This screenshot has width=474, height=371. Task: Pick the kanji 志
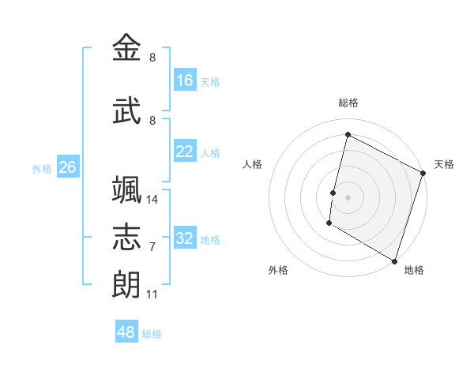point(127,238)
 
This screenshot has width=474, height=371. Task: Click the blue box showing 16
point(185,81)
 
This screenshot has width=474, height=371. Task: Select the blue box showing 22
point(185,152)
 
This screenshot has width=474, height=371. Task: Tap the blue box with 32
point(185,238)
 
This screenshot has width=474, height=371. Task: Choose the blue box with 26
point(68,167)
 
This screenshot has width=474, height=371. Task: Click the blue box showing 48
point(126,332)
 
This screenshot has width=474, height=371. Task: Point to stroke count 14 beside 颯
point(152,199)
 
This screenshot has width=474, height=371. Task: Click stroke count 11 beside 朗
point(152,294)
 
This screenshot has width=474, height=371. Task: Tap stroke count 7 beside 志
point(152,246)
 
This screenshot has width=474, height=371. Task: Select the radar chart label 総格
point(348,103)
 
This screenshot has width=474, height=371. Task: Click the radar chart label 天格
point(444,164)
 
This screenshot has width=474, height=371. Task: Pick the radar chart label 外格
point(278,270)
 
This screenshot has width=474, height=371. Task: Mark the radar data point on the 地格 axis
point(394,260)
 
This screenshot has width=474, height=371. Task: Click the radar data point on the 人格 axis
point(333,193)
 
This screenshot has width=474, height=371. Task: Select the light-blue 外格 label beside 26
point(42,168)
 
